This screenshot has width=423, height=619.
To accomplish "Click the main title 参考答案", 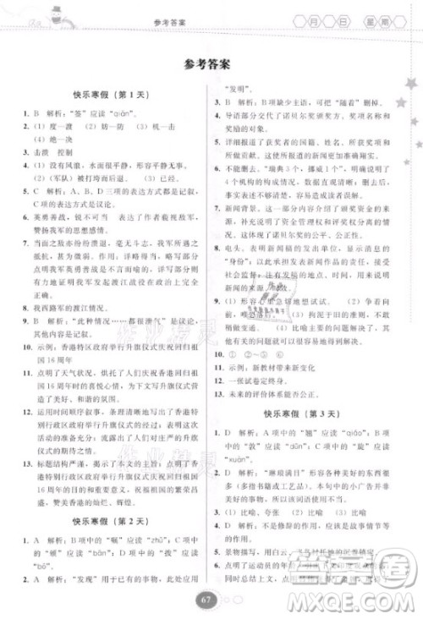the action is tap(211, 63).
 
